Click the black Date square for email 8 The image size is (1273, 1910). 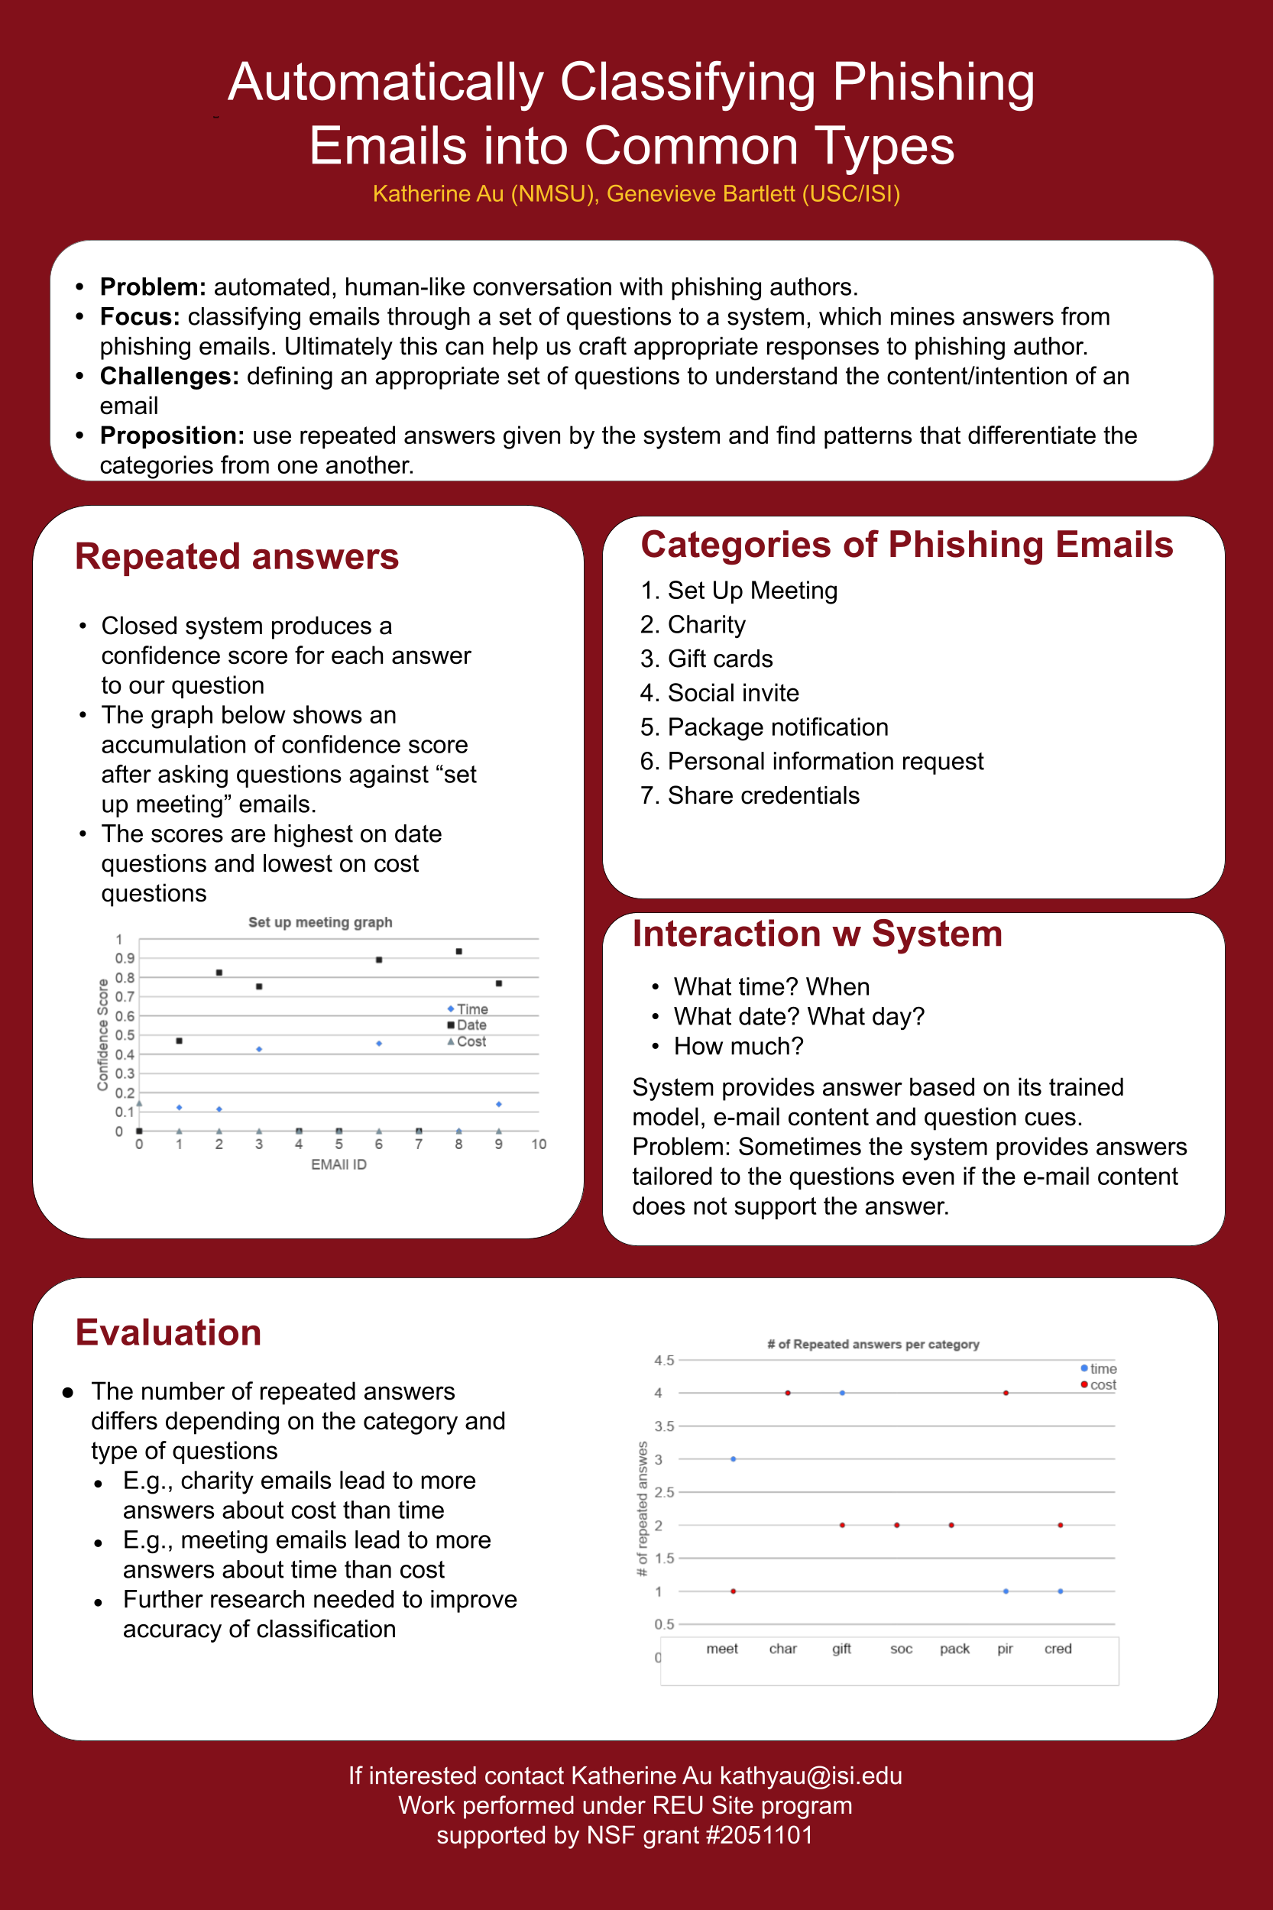pos(458,951)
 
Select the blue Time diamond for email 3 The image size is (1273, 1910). pos(259,1050)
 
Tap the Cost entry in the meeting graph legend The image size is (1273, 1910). pos(470,1041)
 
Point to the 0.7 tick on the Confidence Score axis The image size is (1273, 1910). pos(125,997)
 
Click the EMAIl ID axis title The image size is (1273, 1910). pos(338,1164)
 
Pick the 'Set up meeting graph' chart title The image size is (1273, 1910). pos(320,922)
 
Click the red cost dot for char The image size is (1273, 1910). pos(788,1393)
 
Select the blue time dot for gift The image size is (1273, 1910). pos(843,1393)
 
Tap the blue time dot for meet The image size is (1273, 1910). pos(733,1458)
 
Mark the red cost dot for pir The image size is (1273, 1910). pos(1006,1393)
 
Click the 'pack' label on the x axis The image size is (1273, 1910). pos(955,1649)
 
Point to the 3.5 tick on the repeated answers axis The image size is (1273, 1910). pos(664,1426)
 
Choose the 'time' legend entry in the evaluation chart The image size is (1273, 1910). pos(1102,1368)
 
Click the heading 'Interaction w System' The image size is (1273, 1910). pos(817,934)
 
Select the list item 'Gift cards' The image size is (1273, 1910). pos(719,659)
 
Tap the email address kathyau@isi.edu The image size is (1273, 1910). pos(810,1776)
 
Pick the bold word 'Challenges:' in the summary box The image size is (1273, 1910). pos(169,376)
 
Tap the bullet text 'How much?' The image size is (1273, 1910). pos(738,1047)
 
